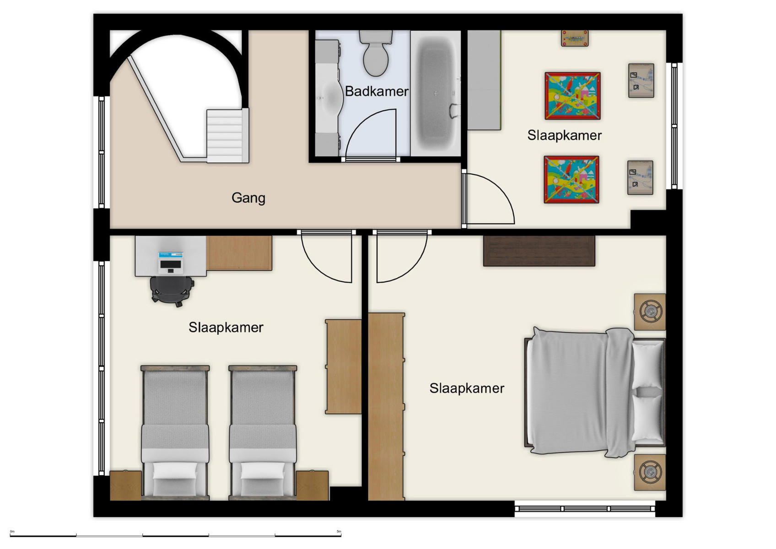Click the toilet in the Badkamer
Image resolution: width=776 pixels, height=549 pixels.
(376, 55)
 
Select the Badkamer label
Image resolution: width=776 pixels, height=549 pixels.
(376, 91)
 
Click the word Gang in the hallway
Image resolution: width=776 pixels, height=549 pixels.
(248, 198)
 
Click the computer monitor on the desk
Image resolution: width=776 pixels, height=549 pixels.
(171, 263)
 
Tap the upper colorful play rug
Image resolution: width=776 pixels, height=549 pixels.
(572, 96)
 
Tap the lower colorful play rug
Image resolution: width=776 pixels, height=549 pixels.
(571, 179)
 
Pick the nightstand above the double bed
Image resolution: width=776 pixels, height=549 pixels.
(650, 312)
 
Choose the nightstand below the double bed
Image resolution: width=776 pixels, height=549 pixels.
(650, 472)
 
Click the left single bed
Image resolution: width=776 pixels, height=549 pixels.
(175, 432)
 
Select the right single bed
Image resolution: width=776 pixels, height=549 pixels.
(263, 432)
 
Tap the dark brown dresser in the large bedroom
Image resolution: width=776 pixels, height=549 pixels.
(539, 251)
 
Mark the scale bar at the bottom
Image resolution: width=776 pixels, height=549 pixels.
(175, 534)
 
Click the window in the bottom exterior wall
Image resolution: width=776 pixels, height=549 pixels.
(585, 508)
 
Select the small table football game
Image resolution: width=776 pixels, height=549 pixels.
(575, 38)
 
